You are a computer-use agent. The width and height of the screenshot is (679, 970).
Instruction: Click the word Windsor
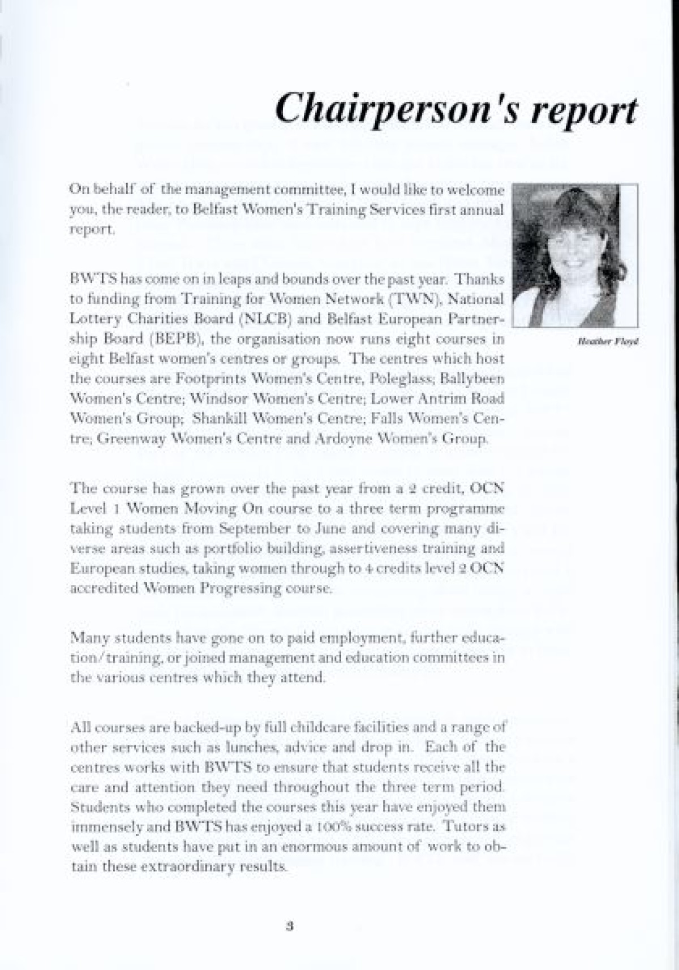point(219,398)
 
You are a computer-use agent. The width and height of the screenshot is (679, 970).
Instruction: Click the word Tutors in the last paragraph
point(464,826)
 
